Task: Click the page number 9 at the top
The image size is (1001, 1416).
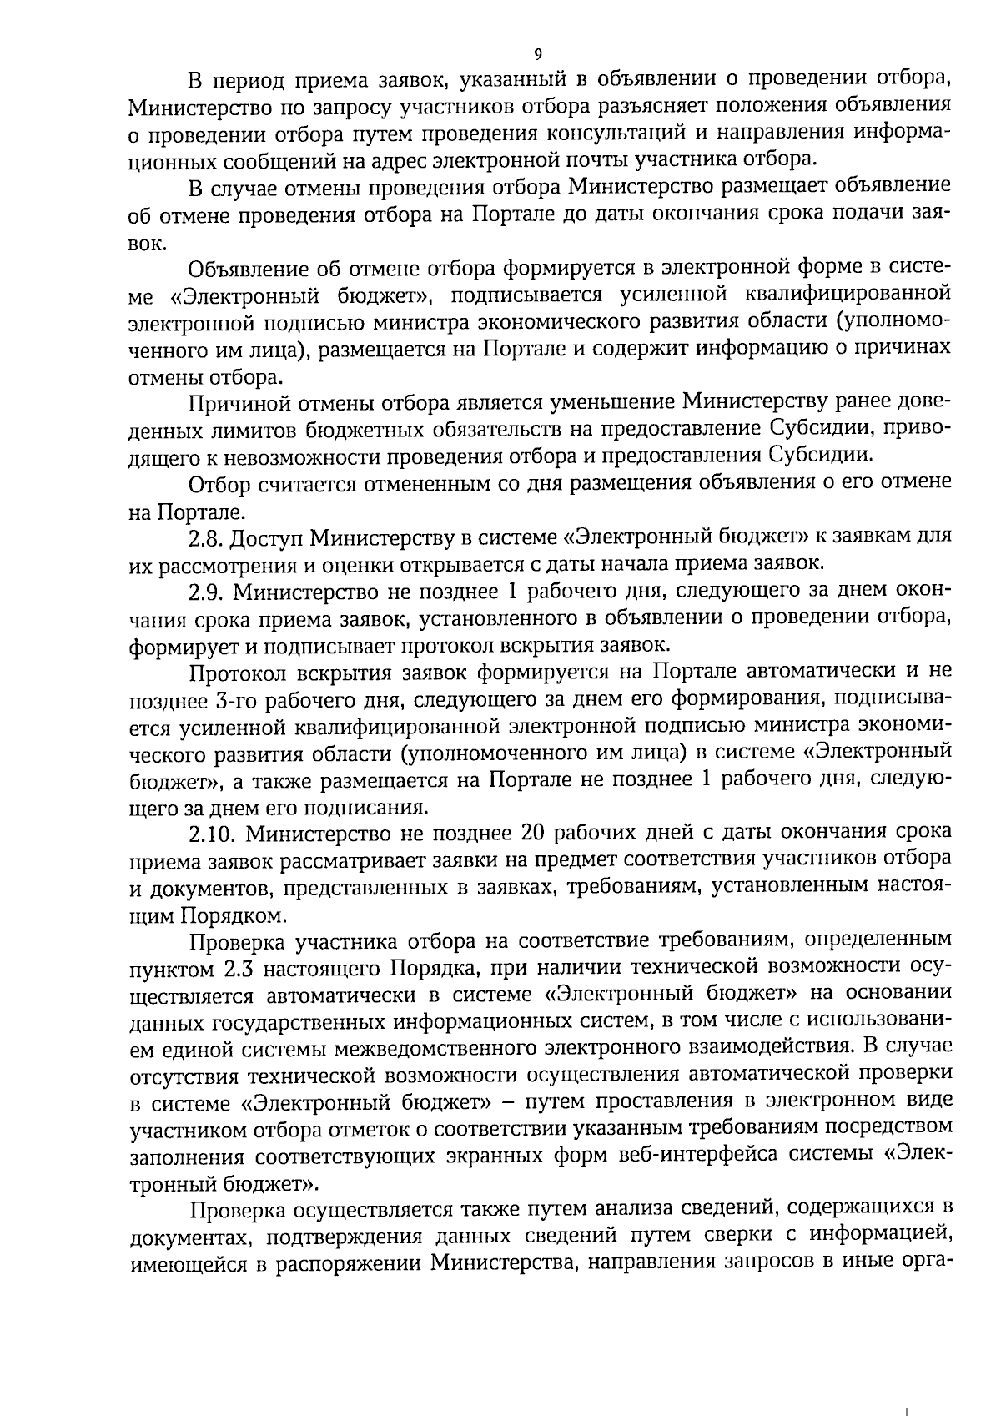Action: pyautogui.click(x=537, y=54)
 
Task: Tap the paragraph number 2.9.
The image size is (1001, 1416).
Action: pyautogui.click(x=205, y=592)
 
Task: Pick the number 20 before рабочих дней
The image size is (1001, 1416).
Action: pyautogui.click(x=535, y=834)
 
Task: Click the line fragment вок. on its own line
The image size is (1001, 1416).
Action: pyautogui.click(x=147, y=243)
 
